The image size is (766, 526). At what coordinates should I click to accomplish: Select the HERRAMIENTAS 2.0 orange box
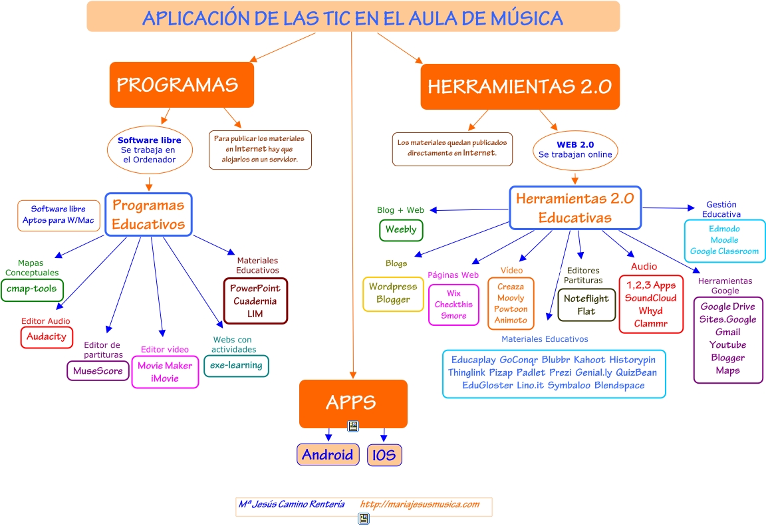pyautogui.click(x=519, y=87)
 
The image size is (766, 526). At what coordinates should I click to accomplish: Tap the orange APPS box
pyautogui.click(x=352, y=403)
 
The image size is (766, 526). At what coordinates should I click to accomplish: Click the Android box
pyautogui.click(x=328, y=455)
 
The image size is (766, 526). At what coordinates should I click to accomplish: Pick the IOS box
pyautogui.click(x=384, y=455)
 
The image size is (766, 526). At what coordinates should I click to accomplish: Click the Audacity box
pyautogui.click(x=47, y=336)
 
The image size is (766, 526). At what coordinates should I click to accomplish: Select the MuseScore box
pyautogui.click(x=98, y=370)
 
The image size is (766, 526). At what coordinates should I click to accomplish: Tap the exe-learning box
pyautogui.click(x=236, y=365)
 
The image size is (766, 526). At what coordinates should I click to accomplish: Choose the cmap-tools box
pyautogui.click(x=32, y=289)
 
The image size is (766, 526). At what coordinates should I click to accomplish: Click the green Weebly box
pyautogui.click(x=401, y=229)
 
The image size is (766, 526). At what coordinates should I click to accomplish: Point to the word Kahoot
pyautogui.click(x=590, y=360)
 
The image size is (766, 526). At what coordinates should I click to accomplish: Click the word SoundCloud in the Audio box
pyautogui.click(x=650, y=298)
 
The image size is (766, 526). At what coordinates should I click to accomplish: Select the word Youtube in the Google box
pyautogui.click(x=727, y=344)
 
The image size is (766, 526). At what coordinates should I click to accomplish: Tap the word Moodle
pyautogui.click(x=724, y=240)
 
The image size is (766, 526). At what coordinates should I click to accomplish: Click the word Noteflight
pyautogui.click(x=586, y=299)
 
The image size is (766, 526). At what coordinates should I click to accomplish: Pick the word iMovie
pyautogui.click(x=164, y=378)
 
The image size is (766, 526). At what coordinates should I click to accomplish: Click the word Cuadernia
pyautogui.click(x=255, y=301)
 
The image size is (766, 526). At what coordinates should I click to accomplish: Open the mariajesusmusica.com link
pyautogui.click(x=420, y=504)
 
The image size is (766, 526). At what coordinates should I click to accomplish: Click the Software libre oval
pyautogui.click(x=149, y=150)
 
